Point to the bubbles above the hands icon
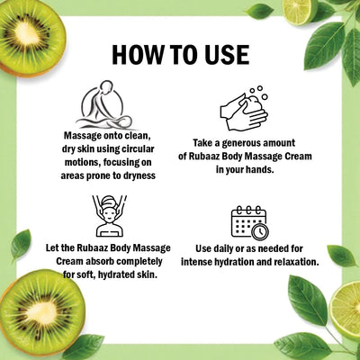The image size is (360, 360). point(258,93)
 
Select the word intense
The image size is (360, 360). point(202,261)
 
